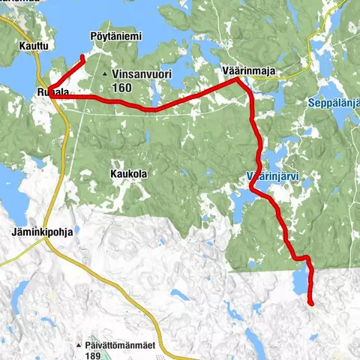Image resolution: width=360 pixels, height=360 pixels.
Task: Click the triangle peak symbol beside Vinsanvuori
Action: pos(105,75)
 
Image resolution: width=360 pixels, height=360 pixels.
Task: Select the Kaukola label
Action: pos(127,173)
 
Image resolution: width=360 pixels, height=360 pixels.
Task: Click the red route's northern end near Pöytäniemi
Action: pos(82,56)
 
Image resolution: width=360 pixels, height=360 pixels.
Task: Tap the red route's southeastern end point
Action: pos(310,302)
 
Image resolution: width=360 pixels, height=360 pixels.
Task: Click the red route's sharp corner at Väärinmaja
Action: pos(238,79)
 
